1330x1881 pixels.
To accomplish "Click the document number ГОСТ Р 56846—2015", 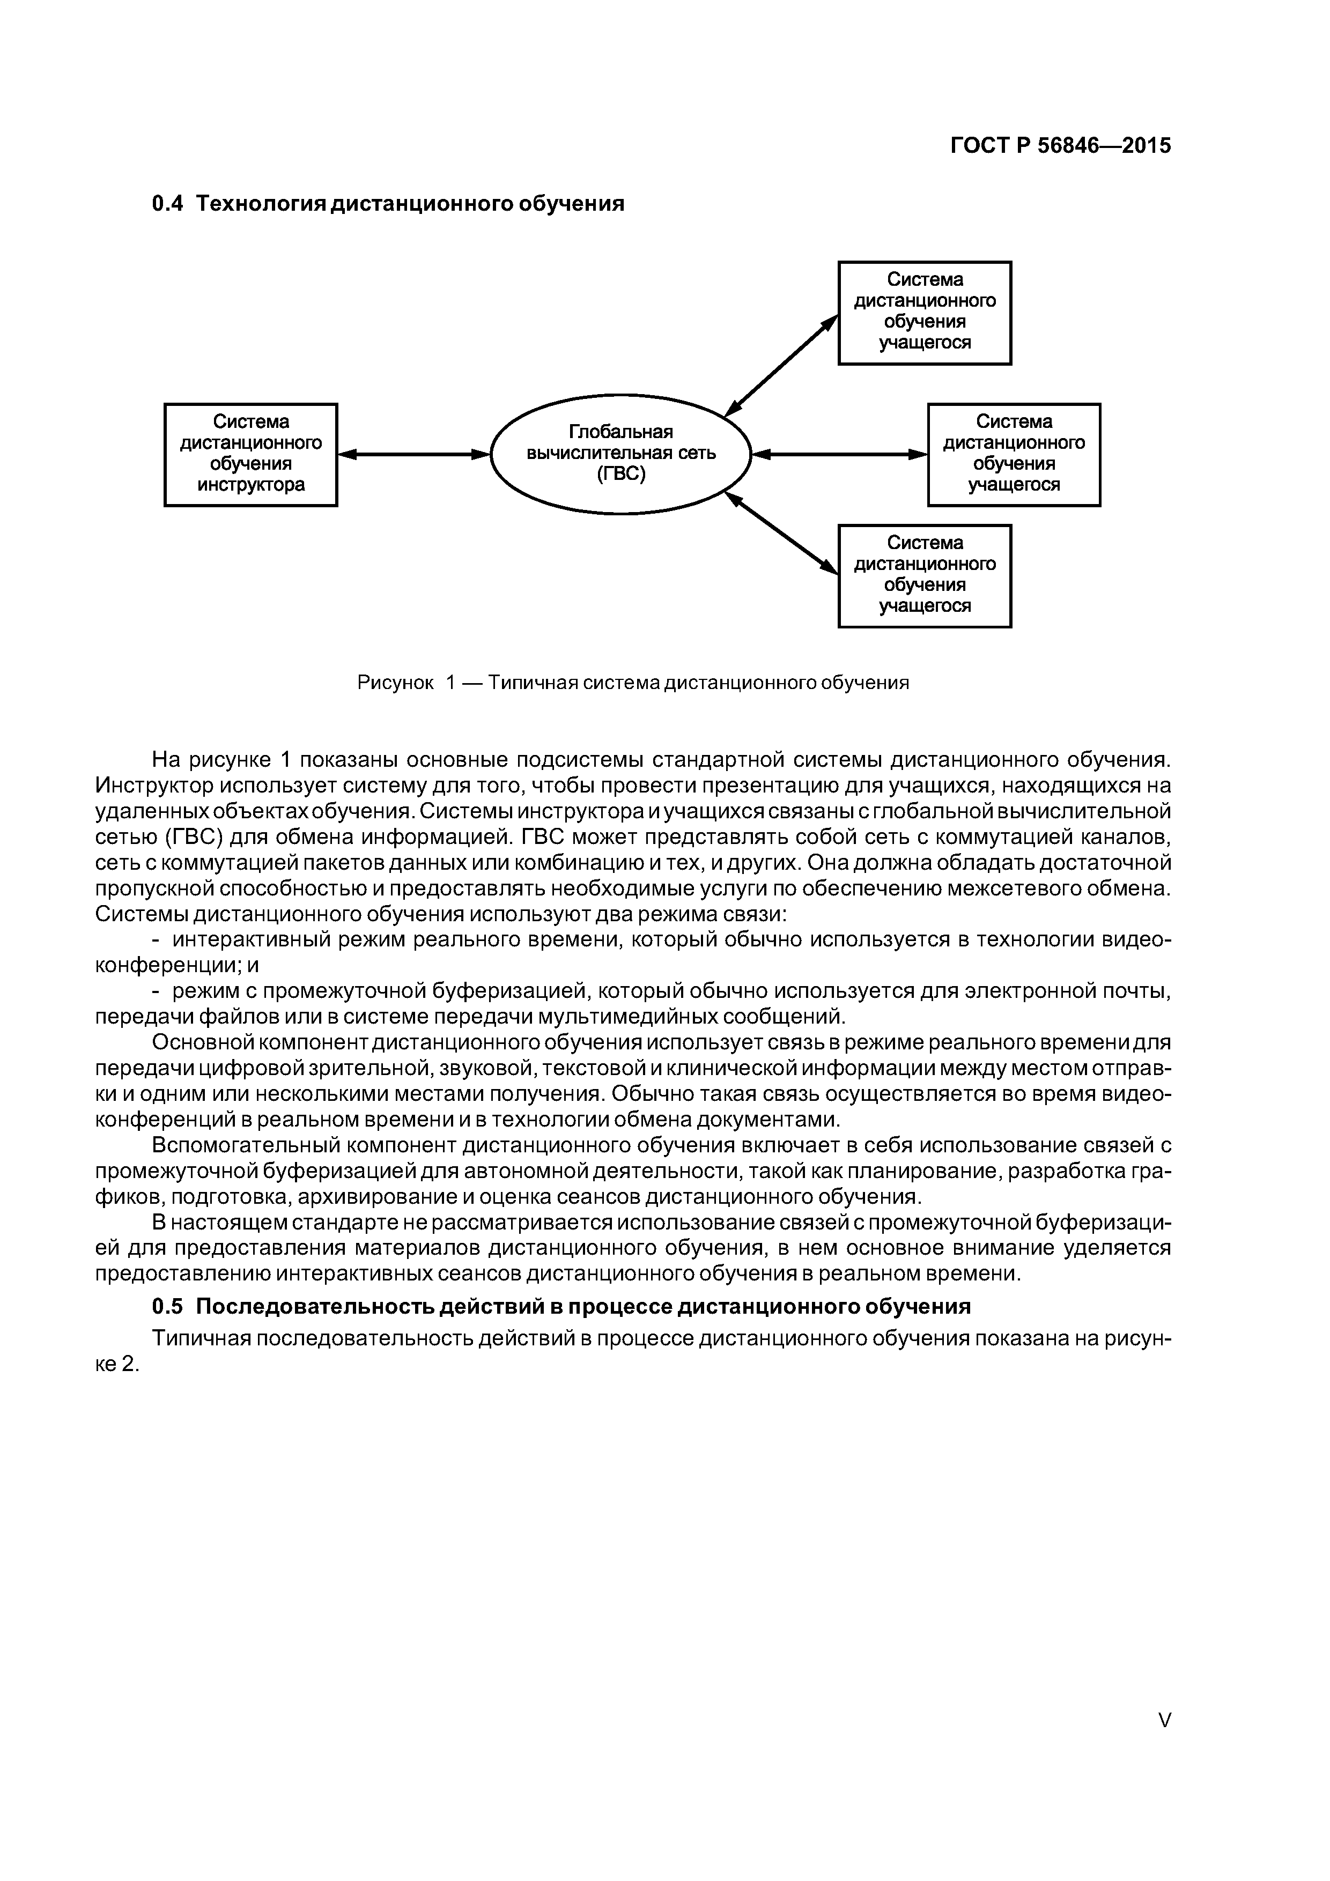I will [1060, 146].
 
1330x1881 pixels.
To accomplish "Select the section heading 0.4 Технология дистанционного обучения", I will [388, 203].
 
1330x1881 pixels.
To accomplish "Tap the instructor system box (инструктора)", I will [251, 455].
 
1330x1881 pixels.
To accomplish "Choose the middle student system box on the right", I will [1014, 455].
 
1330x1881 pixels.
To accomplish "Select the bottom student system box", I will [925, 576].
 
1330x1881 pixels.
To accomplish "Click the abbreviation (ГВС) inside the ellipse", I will [620, 475].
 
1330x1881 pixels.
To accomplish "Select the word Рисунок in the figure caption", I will [395, 683].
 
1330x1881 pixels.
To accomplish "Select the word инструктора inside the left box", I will [251, 485].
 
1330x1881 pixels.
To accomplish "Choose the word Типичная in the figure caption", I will [533, 683].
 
